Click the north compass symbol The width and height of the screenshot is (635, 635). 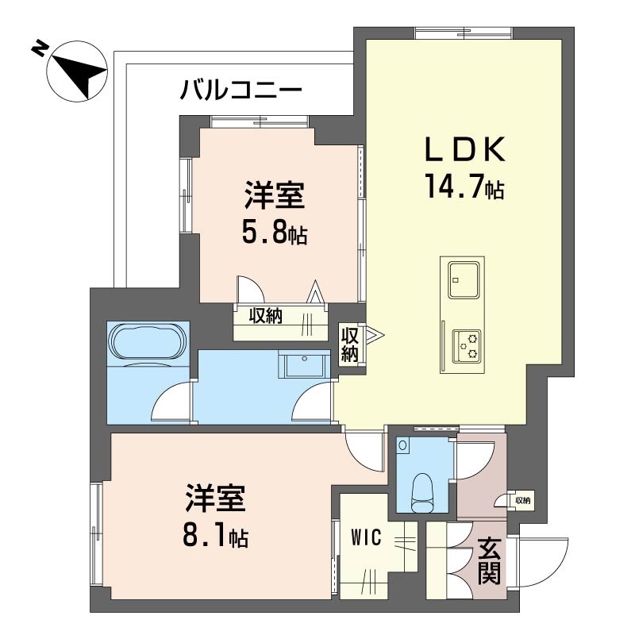[77, 71]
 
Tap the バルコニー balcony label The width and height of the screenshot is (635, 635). [241, 90]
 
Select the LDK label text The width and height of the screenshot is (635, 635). [465, 150]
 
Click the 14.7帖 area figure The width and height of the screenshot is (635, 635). [464, 187]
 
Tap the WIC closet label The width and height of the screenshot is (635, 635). [366, 538]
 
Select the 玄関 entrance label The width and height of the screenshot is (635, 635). [490, 561]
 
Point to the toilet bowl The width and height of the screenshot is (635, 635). [423, 492]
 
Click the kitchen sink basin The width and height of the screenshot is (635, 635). [464, 279]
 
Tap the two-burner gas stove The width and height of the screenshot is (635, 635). [467, 344]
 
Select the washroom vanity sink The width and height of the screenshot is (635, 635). [304, 364]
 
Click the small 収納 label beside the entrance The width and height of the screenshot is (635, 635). [522, 501]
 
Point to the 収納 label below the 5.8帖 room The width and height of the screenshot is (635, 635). [265, 315]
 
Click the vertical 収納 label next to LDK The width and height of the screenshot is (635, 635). [349, 344]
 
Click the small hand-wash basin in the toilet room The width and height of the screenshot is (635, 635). [403, 444]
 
